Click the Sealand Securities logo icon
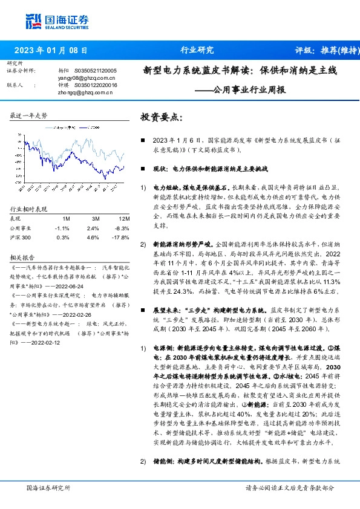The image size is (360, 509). pyautogui.click(x=33, y=22)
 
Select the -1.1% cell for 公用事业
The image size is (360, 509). pyautogui.click(x=62, y=228)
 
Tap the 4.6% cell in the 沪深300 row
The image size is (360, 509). pyautogui.click(x=93, y=238)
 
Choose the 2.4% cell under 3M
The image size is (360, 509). pyautogui.click(x=93, y=228)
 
